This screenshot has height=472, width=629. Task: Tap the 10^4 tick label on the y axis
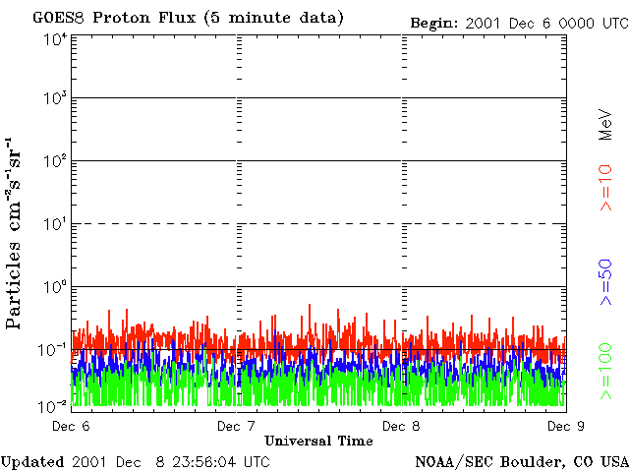[55, 39]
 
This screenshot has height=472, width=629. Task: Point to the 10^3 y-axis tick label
[55, 98]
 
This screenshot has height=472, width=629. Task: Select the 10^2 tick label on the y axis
[55, 160]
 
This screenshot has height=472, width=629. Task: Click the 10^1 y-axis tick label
[55, 223]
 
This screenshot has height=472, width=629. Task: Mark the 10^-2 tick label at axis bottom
[55, 405]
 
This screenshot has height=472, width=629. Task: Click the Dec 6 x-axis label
[71, 426]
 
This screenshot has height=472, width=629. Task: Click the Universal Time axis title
[318, 441]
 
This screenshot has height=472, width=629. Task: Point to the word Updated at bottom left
[33, 461]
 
